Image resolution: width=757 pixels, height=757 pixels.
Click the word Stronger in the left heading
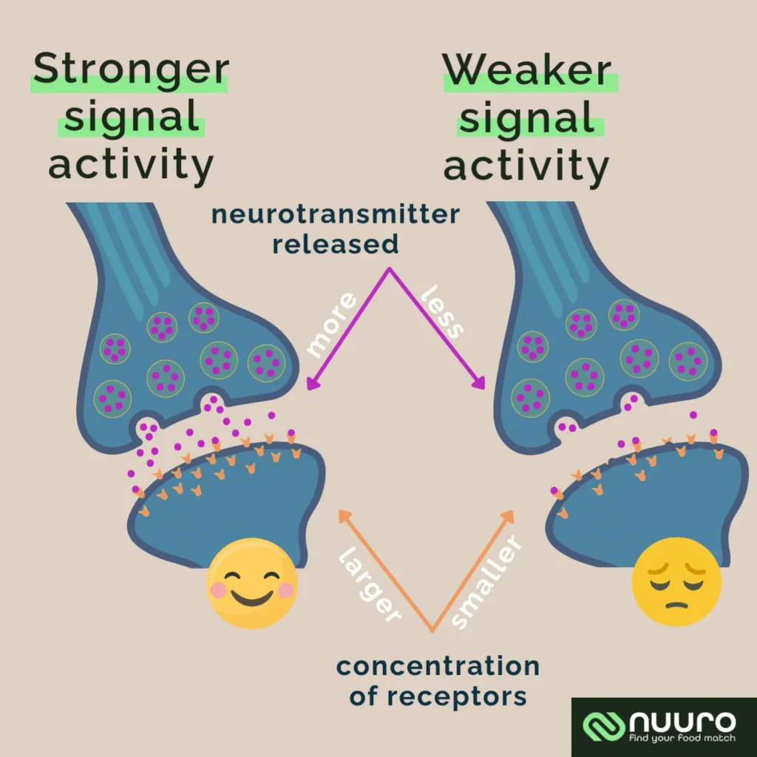pyautogui.click(x=130, y=70)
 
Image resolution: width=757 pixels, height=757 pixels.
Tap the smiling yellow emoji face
pyautogui.click(x=252, y=583)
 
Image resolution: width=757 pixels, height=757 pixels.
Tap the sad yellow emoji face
pyautogui.click(x=676, y=581)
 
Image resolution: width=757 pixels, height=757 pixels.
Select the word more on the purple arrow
pyautogui.click(x=332, y=325)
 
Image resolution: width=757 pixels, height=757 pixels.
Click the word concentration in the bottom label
pyautogui.click(x=437, y=667)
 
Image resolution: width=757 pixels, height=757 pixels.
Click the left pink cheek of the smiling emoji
pyautogui.click(x=218, y=589)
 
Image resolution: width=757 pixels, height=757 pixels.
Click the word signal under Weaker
pyautogui.click(x=526, y=119)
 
